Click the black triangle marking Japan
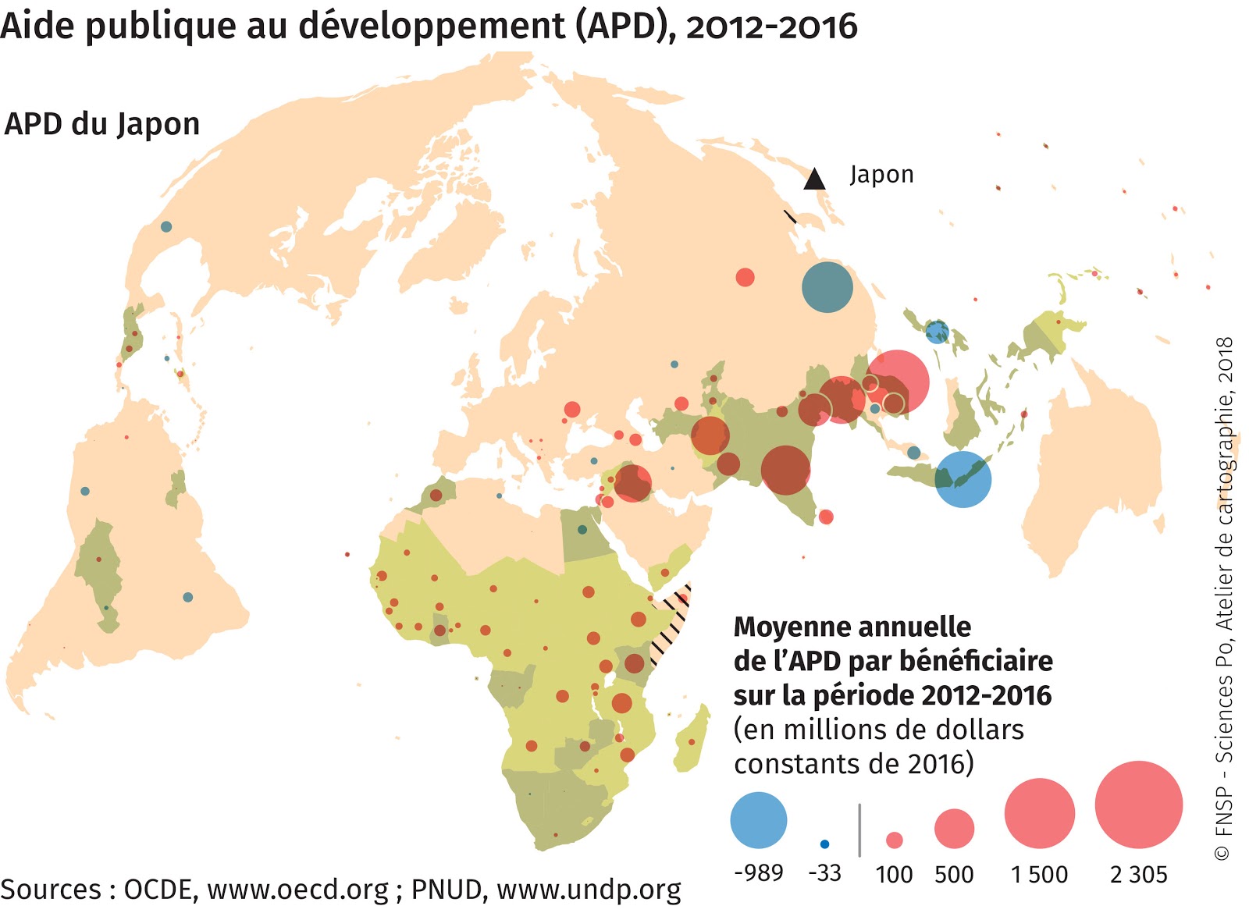tap(814, 180)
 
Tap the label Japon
tap(881, 174)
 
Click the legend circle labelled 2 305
tap(1138, 805)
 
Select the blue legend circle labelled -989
tap(758, 820)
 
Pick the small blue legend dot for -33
tap(824, 844)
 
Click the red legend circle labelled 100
tap(895, 840)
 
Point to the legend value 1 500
tap(1039, 875)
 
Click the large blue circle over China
tap(827, 287)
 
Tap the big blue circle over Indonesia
tap(963, 479)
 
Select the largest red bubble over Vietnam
tap(898, 382)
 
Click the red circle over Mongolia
tap(745, 277)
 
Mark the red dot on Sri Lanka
tap(826, 517)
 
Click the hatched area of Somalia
tap(670, 624)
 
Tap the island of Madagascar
tap(692, 739)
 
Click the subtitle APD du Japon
tap(102, 124)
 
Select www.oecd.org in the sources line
tap(297, 890)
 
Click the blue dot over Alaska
tap(166, 227)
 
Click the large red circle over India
tap(785, 470)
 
